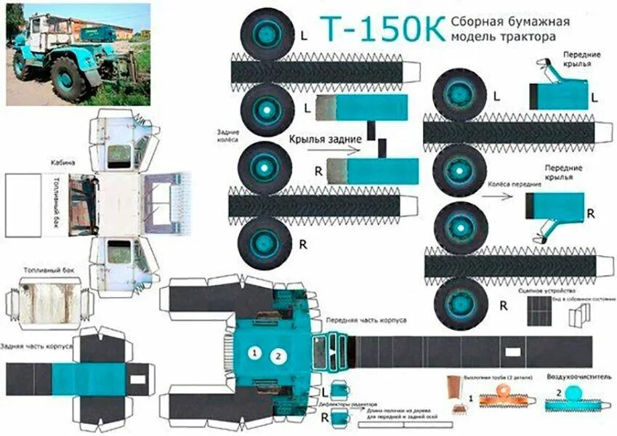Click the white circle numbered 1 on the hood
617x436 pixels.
[x=254, y=353]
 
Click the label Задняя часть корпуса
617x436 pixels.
[x=36, y=347]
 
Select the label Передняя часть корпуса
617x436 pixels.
[x=366, y=320]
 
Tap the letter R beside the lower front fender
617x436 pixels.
[x=590, y=214]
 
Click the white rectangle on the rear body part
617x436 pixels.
[x=137, y=379]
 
